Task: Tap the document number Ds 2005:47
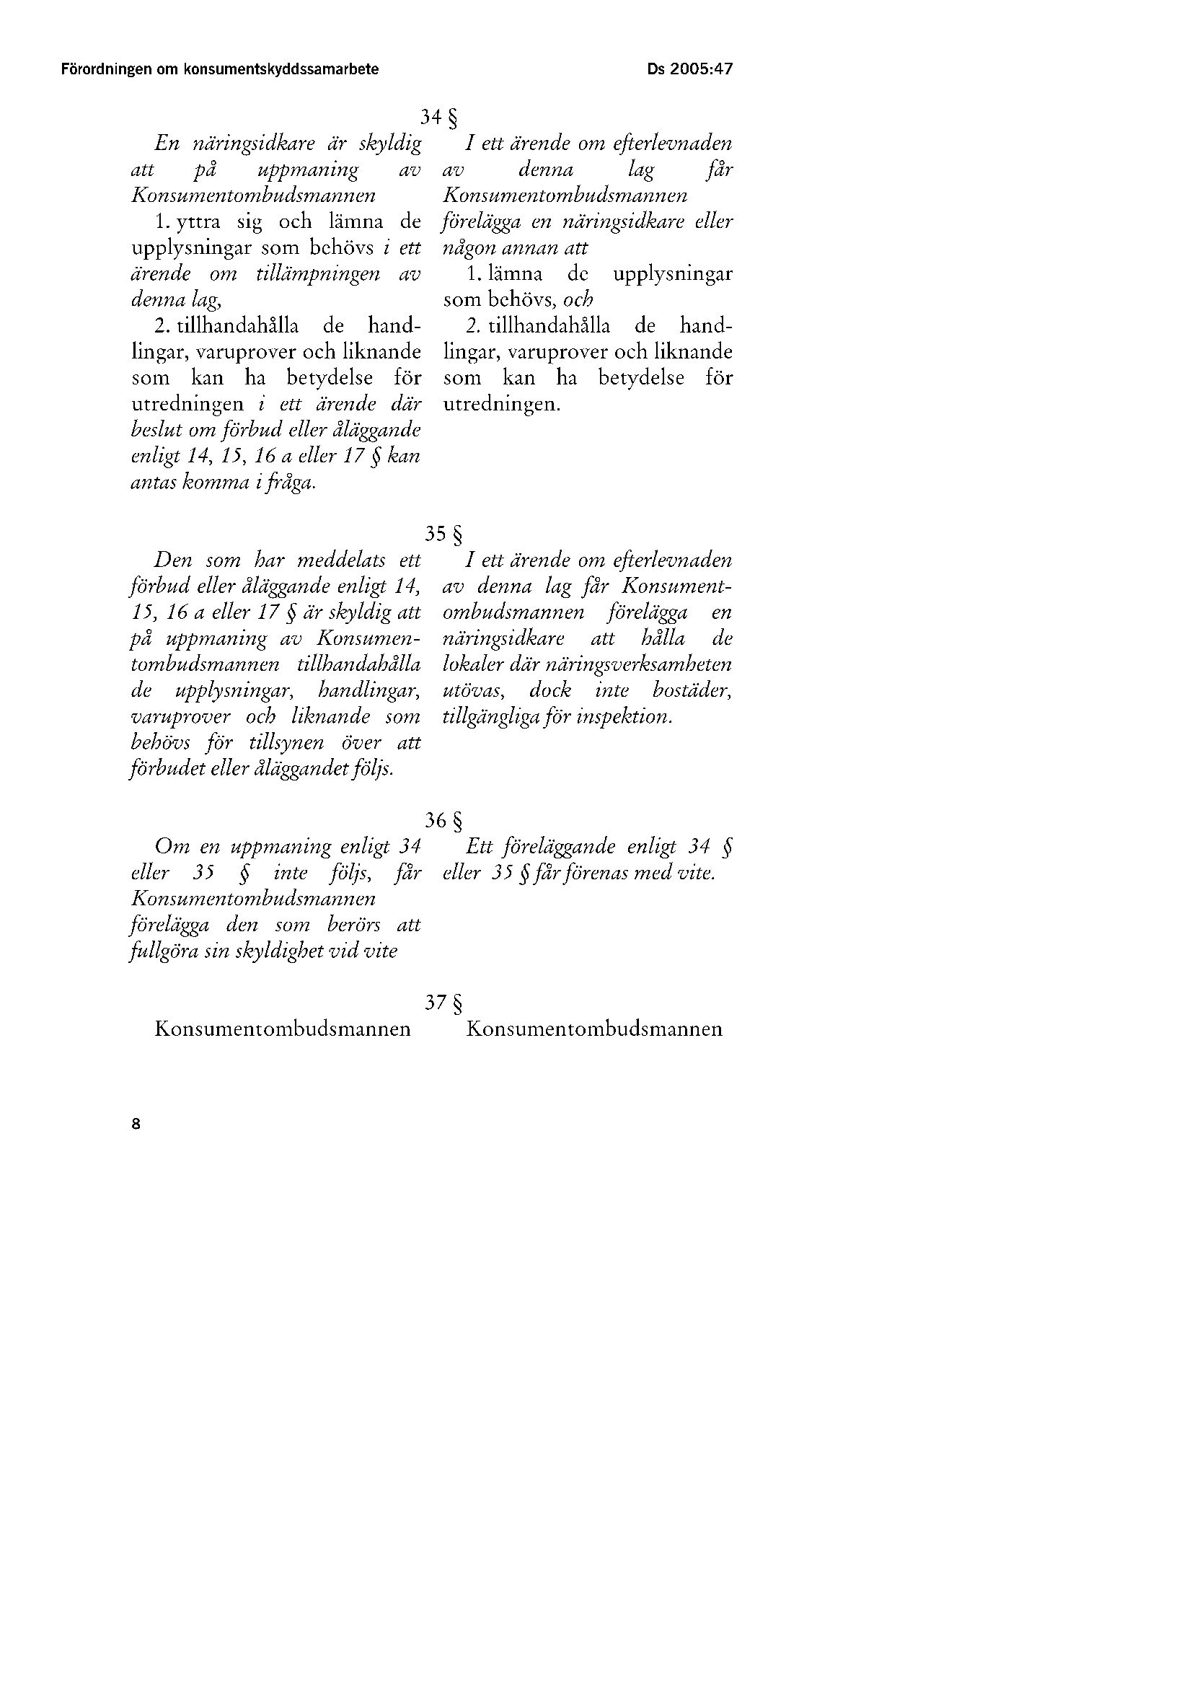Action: (690, 70)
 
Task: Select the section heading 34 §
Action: (439, 118)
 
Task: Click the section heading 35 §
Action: (444, 534)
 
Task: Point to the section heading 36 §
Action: (444, 820)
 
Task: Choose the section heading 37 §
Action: (444, 1003)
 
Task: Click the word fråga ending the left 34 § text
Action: (291, 483)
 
